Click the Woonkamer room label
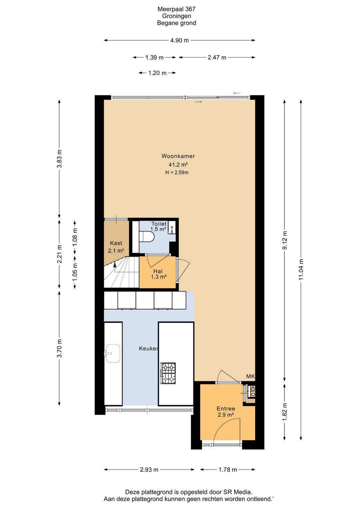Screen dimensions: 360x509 (178, 156)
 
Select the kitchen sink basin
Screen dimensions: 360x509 (113, 353)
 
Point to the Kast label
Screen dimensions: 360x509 (116, 243)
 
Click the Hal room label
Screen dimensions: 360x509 (158, 271)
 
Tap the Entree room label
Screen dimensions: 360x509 (226, 409)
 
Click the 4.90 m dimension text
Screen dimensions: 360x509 (179, 40)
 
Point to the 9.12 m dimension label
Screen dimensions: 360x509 (285, 240)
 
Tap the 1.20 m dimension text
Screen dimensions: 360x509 (157, 73)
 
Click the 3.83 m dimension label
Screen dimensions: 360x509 (59, 159)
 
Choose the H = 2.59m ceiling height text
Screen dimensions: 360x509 (177, 172)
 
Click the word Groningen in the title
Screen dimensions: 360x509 (176, 16)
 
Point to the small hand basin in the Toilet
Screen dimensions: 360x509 (172, 227)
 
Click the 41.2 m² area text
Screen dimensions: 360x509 (178, 164)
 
